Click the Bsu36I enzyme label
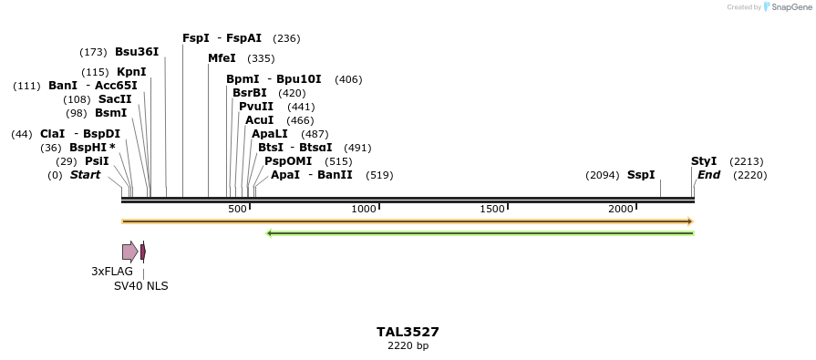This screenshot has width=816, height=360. pos(137,52)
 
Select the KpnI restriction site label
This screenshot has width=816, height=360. pos(131,72)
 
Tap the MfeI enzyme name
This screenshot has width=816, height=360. pos(222,58)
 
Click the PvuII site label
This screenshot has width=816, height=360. pos(256,107)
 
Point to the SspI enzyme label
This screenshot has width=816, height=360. pos(641,175)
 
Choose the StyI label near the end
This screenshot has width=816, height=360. pos(704,161)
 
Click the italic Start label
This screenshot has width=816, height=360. pos(85,175)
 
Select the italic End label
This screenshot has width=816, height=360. pos(708,175)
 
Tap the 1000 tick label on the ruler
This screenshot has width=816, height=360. pos(364,210)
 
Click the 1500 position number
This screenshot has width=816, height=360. pos(492,210)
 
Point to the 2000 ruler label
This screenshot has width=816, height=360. pos(621,210)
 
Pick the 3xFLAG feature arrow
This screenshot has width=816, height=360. pos(129,252)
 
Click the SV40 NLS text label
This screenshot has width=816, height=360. pos(140,286)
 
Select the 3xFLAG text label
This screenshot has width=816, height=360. pos(112,272)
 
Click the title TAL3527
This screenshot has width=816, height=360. pos(408,332)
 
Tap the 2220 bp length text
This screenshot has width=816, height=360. pos(408,346)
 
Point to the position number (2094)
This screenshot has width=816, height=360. pos(603,175)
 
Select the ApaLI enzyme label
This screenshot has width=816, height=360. pos(271,134)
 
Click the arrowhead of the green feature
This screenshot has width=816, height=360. pos(269,233)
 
